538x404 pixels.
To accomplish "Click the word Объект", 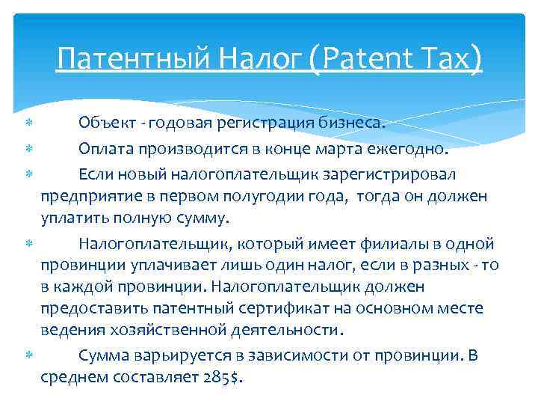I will tap(108, 123).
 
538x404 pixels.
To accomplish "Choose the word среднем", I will tap(73, 377).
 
